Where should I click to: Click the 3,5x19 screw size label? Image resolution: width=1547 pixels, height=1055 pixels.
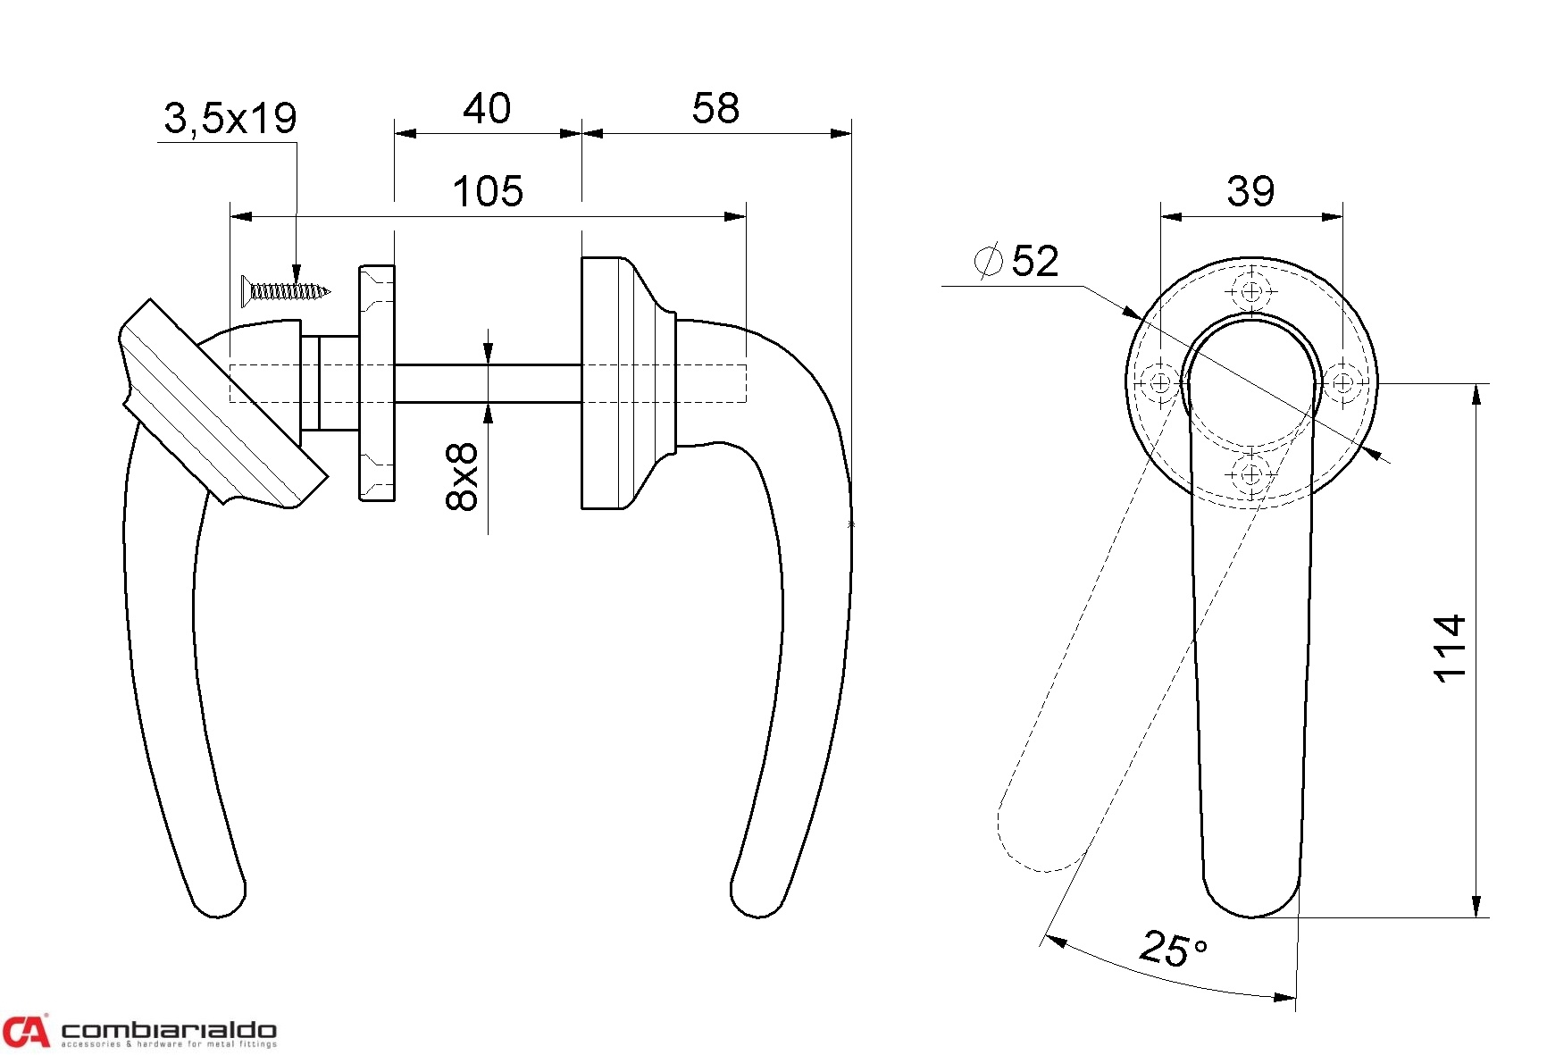click(230, 118)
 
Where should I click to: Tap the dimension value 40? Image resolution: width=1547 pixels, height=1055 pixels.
click(487, 109)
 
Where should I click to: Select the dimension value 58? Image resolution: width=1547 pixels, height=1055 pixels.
click(715, 108)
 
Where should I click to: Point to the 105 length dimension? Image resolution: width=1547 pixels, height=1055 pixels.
click(488, 191)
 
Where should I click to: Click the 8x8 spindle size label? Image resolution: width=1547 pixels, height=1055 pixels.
click(462, 477)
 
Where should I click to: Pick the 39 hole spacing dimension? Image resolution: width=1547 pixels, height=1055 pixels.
click(1250, 190)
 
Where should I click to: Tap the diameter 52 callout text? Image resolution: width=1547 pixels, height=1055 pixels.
click(1016, 261)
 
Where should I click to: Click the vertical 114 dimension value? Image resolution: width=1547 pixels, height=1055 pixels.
click(1450, 649)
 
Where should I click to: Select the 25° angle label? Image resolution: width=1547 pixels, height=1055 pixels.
click(1174, 949)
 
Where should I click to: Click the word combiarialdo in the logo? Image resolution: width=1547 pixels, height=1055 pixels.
click(169, 1031)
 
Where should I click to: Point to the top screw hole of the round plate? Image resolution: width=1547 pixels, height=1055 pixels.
click(1251, 291)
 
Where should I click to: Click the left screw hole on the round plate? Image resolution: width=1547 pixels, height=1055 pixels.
click(1160, 383)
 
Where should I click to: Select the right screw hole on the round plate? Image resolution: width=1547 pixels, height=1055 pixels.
click(1342, 383)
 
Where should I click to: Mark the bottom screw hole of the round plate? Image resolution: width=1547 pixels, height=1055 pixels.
click(1251, 474)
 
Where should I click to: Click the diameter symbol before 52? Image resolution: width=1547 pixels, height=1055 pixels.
click(988, 261)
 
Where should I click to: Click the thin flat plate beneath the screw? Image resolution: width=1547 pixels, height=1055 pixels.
click(377, 382)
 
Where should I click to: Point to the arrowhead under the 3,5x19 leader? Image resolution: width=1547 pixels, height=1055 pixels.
click(297, 273)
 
